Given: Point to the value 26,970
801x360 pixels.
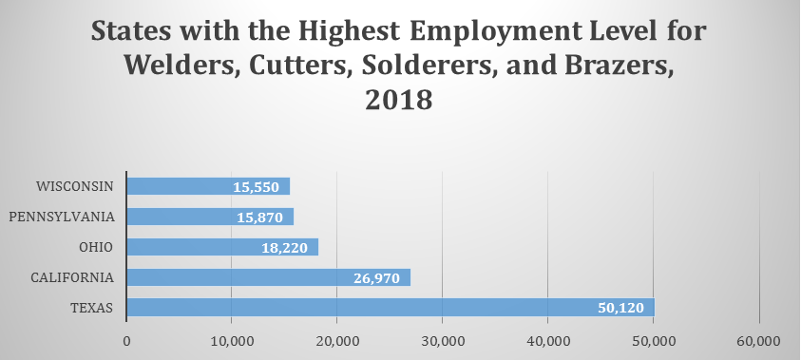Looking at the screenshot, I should tap(378, 277).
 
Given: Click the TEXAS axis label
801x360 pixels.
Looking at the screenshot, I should tap(92, 308).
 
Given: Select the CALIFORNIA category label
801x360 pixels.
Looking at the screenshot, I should tap(73, 277).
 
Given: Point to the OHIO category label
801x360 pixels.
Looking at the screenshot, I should tap(97, 247).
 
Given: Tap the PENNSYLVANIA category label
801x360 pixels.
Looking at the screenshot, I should tap(63, 217).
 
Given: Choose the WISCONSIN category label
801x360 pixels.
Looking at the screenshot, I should tap(74, 186).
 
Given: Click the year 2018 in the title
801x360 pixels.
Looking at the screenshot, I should tap(400, 100).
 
